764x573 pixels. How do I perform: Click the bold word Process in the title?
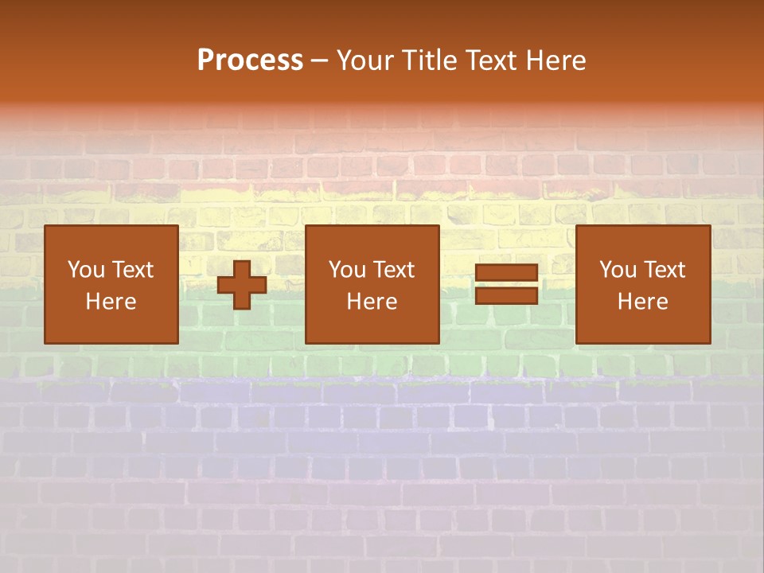pos(250,60)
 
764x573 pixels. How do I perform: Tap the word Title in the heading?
pos(429,60)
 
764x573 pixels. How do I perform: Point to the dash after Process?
pos(319,61)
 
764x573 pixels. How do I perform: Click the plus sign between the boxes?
pos(242,285)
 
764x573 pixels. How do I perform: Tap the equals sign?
pos(506,285)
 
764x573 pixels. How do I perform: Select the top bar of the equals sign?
pos(506,273)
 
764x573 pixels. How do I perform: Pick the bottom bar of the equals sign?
pos(506,295)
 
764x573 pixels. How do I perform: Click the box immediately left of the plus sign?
pos(111,285)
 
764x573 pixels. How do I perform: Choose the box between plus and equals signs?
pos(372,285)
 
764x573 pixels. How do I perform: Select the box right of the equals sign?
pos(642,285)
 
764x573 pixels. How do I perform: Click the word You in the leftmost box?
pos(84,270)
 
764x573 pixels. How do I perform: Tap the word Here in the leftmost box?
pos(111,302)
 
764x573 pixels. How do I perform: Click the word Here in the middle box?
pos(372,302)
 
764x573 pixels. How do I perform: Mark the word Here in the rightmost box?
pos(642,302)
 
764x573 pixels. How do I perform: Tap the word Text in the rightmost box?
pos(664,270)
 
